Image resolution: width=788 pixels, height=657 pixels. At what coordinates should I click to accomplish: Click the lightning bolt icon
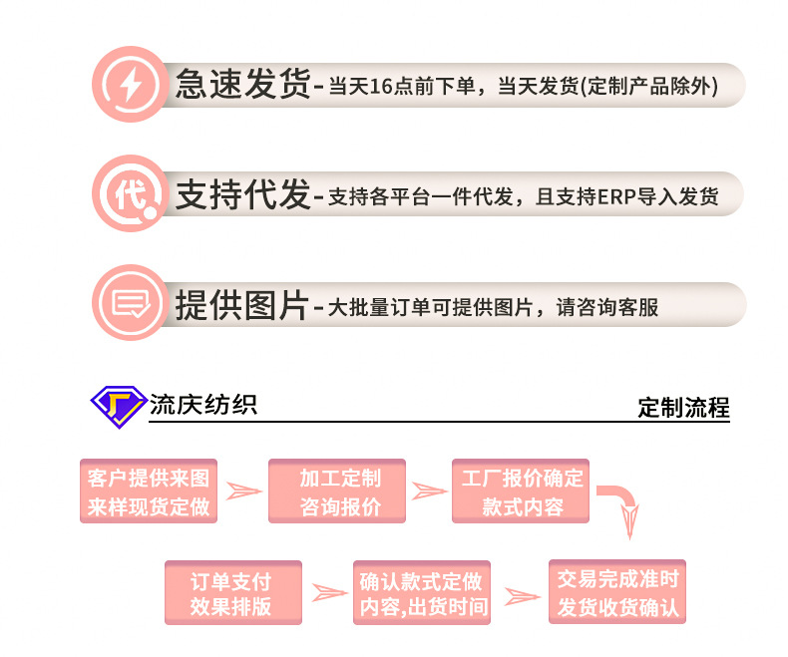click(130, 85)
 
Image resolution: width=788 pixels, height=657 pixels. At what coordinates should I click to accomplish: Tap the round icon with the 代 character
click(130, 193)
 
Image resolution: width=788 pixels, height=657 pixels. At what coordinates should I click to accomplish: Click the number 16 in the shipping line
click(382, 87)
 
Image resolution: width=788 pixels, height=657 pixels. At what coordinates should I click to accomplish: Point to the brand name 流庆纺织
click(203, 405)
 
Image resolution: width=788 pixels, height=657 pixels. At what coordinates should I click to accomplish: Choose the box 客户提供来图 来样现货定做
click(149, 492)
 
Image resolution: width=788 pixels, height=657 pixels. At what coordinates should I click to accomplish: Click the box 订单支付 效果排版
click(232, 593)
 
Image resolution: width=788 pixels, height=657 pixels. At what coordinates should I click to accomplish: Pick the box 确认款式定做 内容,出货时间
click(423, 593)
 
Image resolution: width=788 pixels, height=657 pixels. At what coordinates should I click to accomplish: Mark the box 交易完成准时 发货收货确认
click(618, 592)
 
